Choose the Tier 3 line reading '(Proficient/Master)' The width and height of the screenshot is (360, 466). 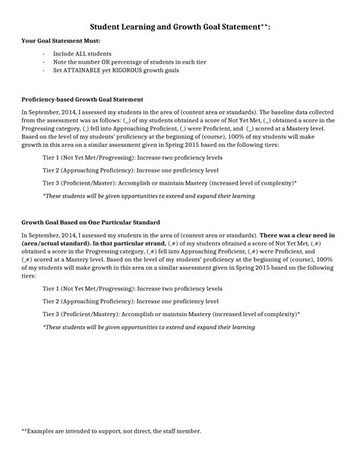pyautogui.click(x=169, y=182)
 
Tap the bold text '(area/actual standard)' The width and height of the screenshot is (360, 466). pyautogui.click(x=52, y=244)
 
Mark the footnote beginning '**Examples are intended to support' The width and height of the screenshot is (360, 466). pyautogui.click(x=111, y=430)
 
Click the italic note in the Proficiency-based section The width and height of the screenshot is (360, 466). pyautogui.click(x=148, y=195)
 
